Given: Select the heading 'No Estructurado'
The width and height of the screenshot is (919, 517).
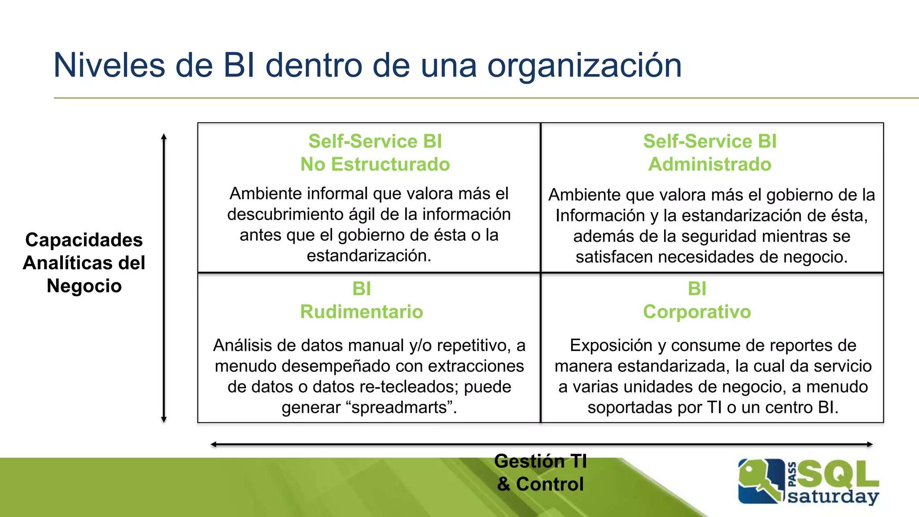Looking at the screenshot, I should (375, 164).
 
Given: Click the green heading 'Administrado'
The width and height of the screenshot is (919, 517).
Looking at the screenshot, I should (709, 164).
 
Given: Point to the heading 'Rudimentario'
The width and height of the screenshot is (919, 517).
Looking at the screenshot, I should (362, 311).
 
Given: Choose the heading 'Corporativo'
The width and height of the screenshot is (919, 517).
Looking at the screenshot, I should (697, 311).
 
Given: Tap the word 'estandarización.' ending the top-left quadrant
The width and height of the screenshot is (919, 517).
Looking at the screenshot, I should (369, 256).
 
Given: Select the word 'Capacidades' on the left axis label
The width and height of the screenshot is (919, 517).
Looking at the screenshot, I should (84, 240).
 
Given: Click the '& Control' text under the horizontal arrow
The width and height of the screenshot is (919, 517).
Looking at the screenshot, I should (540, 484).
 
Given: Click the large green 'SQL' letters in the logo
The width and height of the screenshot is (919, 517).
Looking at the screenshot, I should (838, 475).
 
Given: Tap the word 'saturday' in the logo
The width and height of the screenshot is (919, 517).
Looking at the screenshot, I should (833, 497).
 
